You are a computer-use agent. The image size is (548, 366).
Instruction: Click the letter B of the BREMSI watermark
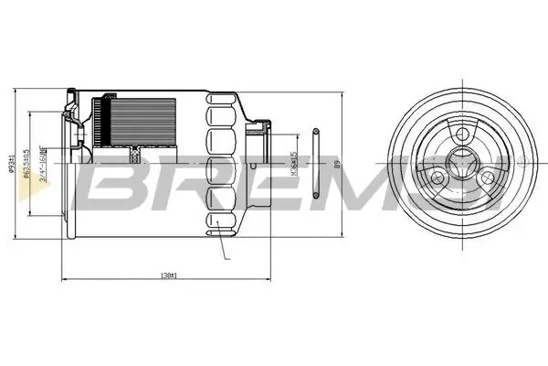[x=114, y=179]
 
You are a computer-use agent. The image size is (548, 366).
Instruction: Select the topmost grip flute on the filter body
[x=219, y=114]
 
